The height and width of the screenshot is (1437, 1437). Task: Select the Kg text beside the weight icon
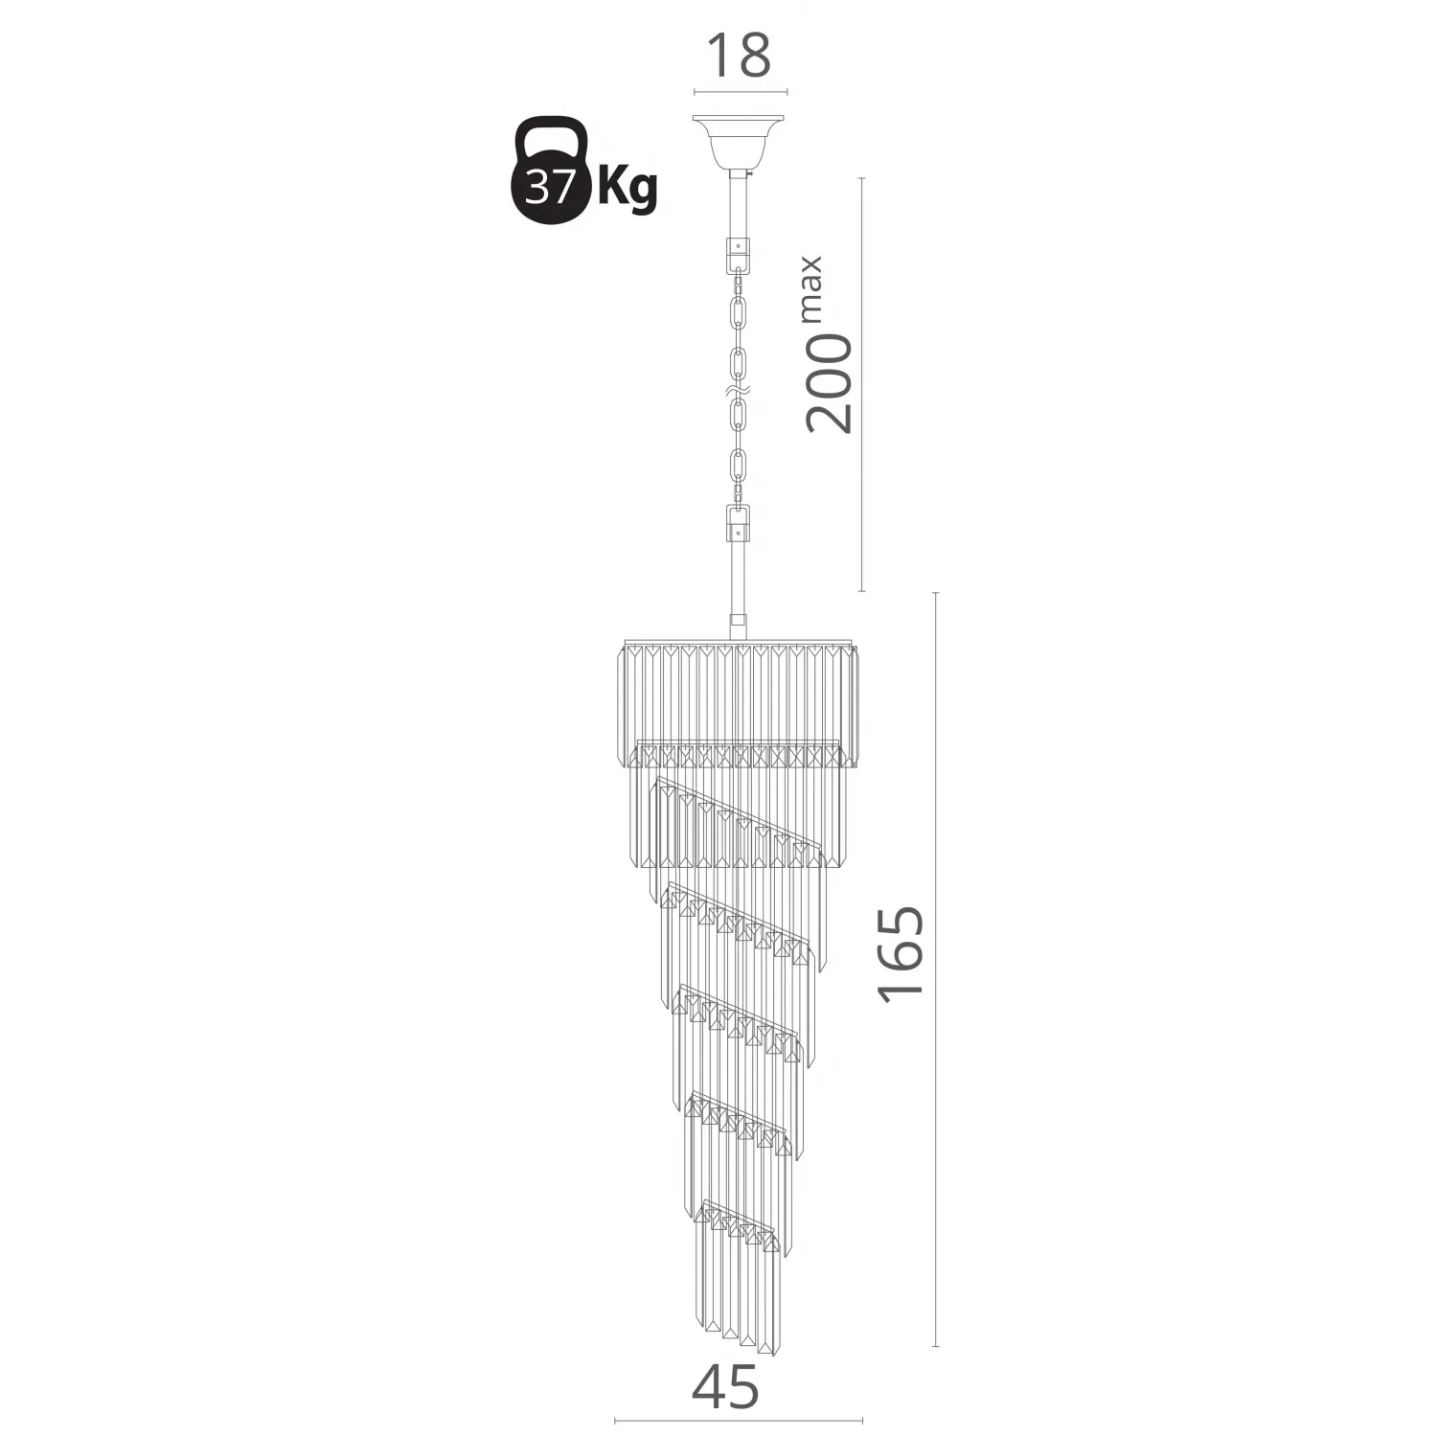627,189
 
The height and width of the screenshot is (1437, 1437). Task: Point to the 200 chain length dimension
828,383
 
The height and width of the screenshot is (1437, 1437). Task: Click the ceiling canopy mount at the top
739,140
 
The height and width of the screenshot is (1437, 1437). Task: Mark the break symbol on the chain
738,392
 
